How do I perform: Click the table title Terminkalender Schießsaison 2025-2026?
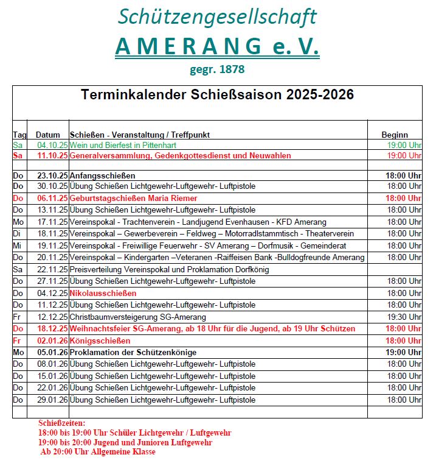(x=217, y=95)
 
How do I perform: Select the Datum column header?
(x=48, y=135)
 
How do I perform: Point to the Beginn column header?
(x=395, y=135)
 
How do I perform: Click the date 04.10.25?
(x=52, y=145)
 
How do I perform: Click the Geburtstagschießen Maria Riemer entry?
(x=133, y=198)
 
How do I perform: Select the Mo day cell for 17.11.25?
(x=18, y=222)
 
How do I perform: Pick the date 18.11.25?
(x=52, y=233)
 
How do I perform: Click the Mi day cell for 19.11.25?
(x=18, y=245)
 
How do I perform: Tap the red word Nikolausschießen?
(x=103, y=293)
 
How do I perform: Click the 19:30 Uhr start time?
(x=404, y=317)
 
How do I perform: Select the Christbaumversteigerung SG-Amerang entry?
(x=138, y=317)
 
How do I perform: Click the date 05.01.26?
(x=52, y=352)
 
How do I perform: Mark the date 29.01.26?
(x=52, y=400)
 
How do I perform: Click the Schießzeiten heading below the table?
(x=62, y=423)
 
